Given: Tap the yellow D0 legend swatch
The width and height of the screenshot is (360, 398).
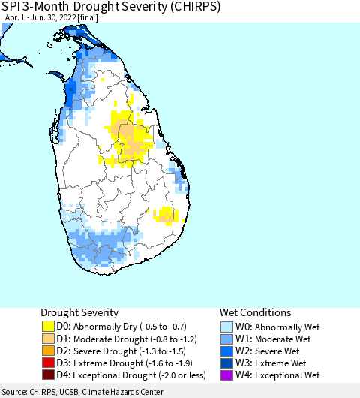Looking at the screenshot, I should click(x=48, y=327).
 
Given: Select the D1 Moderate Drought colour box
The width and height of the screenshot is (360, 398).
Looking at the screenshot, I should click(x=48, y=339).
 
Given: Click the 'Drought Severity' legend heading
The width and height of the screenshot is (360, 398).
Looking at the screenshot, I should click(x=79, y=312).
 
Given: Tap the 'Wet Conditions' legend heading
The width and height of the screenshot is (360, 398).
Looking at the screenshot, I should click(x=255, y=312).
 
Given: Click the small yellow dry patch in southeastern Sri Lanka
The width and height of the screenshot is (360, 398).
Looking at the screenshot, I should click(x=164, y=216).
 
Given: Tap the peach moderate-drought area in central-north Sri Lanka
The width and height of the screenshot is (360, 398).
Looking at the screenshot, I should click(x=132, y=140).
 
